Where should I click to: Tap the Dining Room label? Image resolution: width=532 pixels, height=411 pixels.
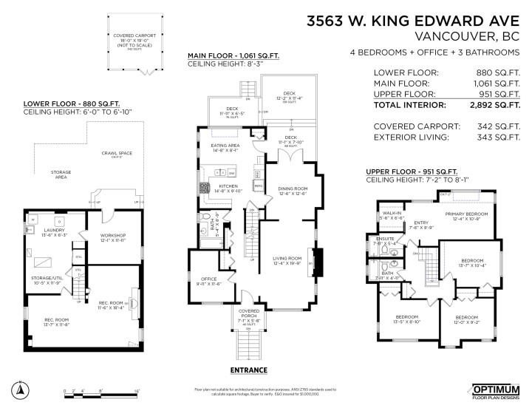tap(292, 190)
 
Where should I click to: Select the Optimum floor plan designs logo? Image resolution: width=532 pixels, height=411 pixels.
tap(496, 390)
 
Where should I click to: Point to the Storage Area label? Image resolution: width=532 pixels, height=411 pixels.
tap(61, 174)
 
